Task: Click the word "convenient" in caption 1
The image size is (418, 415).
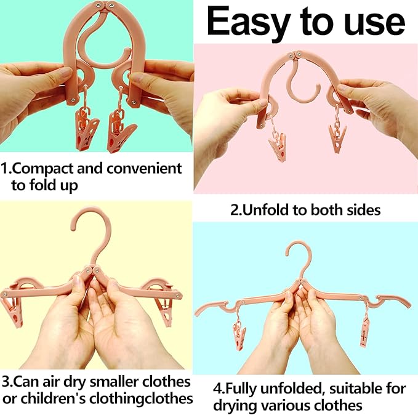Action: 144,169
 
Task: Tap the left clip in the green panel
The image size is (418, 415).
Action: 87,129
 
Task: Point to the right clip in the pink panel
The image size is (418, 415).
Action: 337,139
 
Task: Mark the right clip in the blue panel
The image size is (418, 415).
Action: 364,332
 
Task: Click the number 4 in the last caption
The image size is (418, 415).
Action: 217,389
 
